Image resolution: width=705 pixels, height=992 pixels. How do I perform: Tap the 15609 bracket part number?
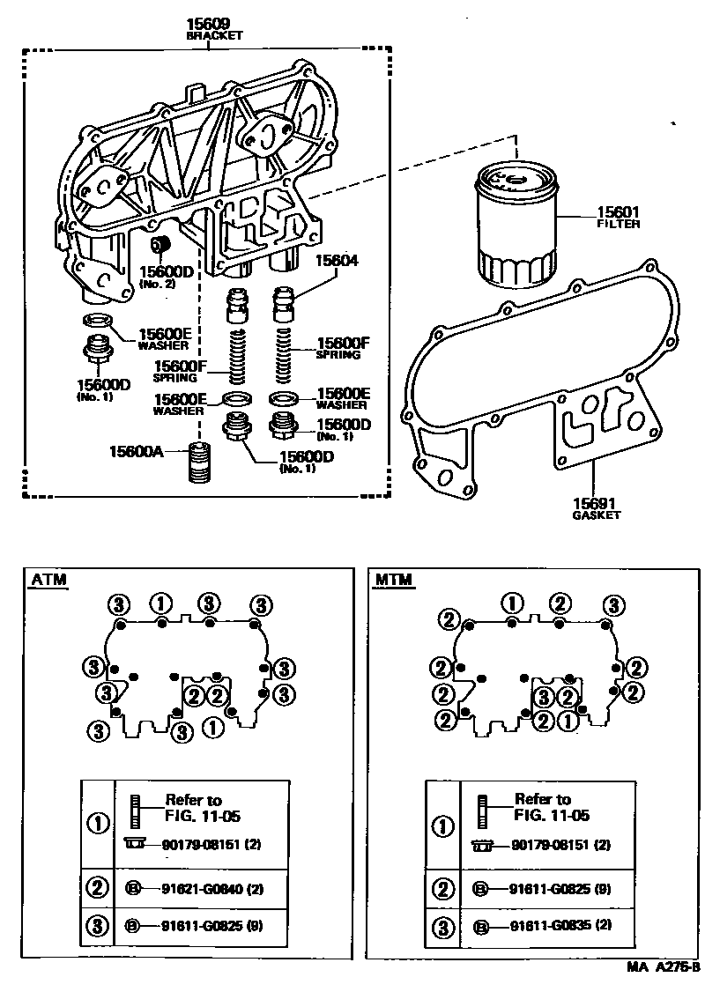point(208,24)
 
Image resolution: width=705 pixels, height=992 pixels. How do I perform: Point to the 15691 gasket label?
point(596,505)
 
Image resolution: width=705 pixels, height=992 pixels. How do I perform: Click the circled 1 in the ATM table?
point(98,824)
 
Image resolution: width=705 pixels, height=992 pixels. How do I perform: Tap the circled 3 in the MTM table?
point(442,926)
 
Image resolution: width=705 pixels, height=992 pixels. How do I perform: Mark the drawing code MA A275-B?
point(664,966)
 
